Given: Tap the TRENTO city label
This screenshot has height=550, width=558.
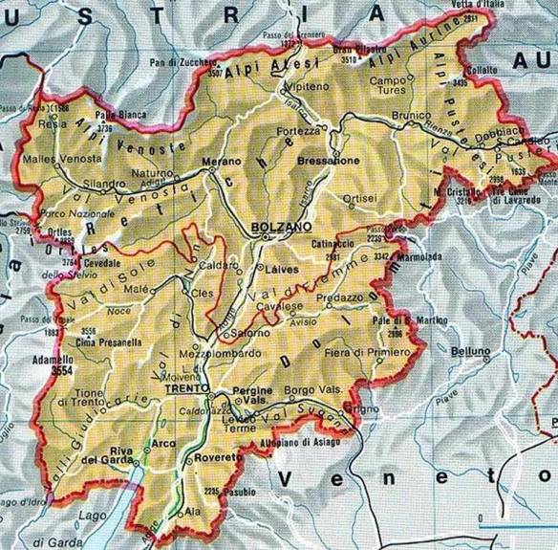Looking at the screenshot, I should pos(185,389).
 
